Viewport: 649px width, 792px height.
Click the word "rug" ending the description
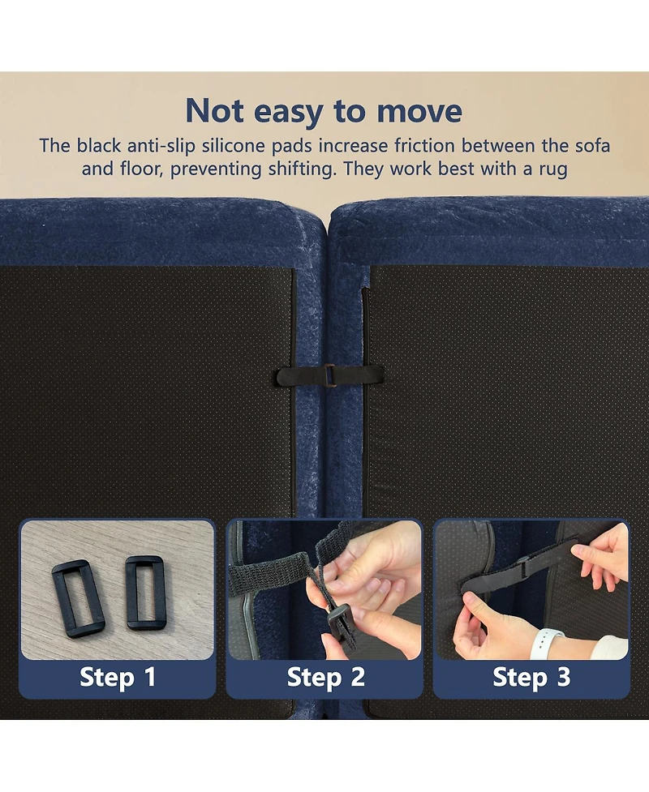coord(553,169)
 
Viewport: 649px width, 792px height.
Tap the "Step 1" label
coord(118,677)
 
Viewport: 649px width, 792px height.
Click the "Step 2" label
coord(325,677)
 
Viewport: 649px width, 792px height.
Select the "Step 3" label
coord(531,677)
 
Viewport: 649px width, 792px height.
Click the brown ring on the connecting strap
coord(329,376)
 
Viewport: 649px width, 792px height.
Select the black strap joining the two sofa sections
coord(329,376)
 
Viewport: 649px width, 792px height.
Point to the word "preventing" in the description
coord(215,169)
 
